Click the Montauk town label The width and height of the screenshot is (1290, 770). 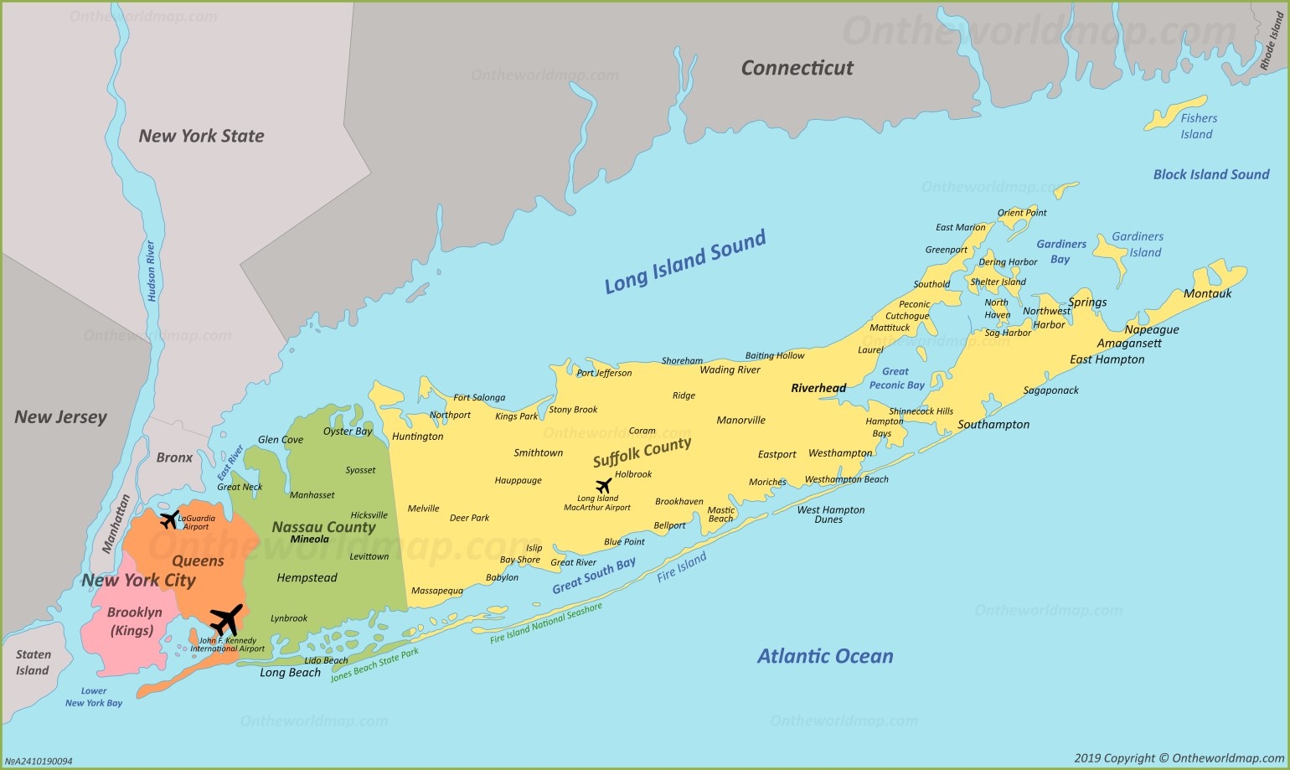(1207, 293)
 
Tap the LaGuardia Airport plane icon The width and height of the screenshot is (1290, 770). (169, 519)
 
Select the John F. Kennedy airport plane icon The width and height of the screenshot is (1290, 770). (225, 621)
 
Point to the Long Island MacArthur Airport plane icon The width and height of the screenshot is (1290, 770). (603, 485)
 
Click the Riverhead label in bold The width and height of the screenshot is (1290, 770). (818, 388)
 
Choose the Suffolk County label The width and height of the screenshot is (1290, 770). (642, 452)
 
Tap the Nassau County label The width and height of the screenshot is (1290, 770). (323, 527)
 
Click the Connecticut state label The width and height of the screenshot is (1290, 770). (797, 68)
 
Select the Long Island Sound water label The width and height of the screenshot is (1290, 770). (685, 261)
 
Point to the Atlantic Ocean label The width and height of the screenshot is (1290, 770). (825, 656)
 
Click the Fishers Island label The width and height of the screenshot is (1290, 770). (1198, 127)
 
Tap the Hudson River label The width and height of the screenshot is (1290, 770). (151, 271)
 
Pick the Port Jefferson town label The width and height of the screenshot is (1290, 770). (604, 373)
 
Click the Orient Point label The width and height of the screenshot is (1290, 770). (1021, 213)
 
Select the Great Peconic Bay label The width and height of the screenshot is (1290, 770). (896, 378)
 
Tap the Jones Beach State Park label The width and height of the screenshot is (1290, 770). (374, 665)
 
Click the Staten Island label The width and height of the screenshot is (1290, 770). (33, 662)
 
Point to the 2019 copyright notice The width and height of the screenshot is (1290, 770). (1179, 758)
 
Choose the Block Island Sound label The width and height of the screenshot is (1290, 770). (1210, 174)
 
